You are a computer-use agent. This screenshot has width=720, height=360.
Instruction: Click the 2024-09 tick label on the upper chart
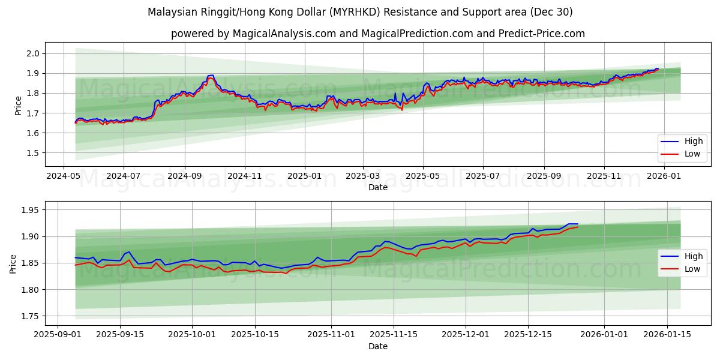click(x=184, y=176)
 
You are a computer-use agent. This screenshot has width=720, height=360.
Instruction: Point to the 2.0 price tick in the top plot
click(x=32, y=53)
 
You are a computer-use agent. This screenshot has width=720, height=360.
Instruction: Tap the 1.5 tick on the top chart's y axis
click(x=32, y=153)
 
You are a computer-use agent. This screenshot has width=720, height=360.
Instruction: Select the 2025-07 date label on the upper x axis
click(x=482, y=176)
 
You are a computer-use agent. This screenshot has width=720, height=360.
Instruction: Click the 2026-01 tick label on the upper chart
click(x=664, y=176)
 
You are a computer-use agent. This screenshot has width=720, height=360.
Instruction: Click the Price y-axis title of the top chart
click(x=18, y=106)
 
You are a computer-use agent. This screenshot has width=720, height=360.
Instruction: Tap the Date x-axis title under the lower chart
click(x=378, y=346)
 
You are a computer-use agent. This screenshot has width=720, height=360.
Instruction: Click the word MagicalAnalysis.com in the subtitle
click(x=284, y=34)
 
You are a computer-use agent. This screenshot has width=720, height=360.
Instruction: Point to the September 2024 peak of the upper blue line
click(x=211, y=75)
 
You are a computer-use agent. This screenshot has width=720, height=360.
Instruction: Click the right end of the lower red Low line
click(x=578, y=227)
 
